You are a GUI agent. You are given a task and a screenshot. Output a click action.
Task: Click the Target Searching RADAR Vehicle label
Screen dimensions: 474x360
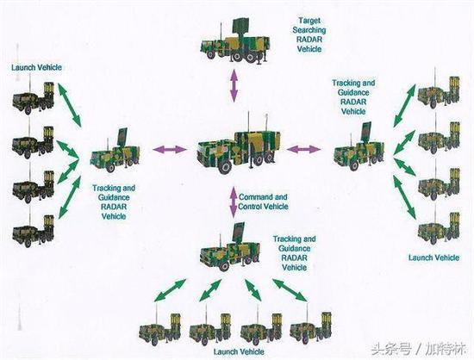click(309, 34)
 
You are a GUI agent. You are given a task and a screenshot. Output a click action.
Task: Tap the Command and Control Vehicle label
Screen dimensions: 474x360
click(263, 202)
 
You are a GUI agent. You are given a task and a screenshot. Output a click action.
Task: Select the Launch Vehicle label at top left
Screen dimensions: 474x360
click(36, 67)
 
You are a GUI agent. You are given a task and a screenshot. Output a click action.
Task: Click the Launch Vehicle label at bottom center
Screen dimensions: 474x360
click(239, 352)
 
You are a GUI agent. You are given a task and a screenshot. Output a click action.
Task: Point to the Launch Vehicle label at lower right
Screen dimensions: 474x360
click(433, 258)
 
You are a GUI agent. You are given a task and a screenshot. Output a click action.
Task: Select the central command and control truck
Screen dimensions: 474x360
click(239, 145)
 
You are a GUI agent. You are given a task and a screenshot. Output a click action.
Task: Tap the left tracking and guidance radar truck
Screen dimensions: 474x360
click(115, 151)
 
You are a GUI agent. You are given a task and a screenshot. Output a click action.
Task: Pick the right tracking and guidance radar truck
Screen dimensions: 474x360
click(359, 147)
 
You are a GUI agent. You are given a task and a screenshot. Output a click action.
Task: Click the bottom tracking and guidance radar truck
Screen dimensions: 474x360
click(230, 248)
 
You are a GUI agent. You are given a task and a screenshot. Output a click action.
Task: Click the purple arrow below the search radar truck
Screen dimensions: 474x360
click(234, 85)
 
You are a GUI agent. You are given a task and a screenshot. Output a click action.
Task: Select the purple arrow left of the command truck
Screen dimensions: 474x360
click(170, 149)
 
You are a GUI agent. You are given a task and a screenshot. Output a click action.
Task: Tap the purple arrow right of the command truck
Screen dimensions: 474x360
click(303, 149)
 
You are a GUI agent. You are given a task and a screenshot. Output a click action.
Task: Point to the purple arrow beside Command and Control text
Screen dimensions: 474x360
click(234, 202)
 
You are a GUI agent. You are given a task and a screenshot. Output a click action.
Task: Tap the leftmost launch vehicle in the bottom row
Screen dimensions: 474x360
click(160, 327)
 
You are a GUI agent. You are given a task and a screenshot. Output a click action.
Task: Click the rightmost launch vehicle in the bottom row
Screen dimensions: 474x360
click(311, 326)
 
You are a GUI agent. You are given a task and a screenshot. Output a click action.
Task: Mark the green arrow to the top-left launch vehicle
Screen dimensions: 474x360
click(69, 104)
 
